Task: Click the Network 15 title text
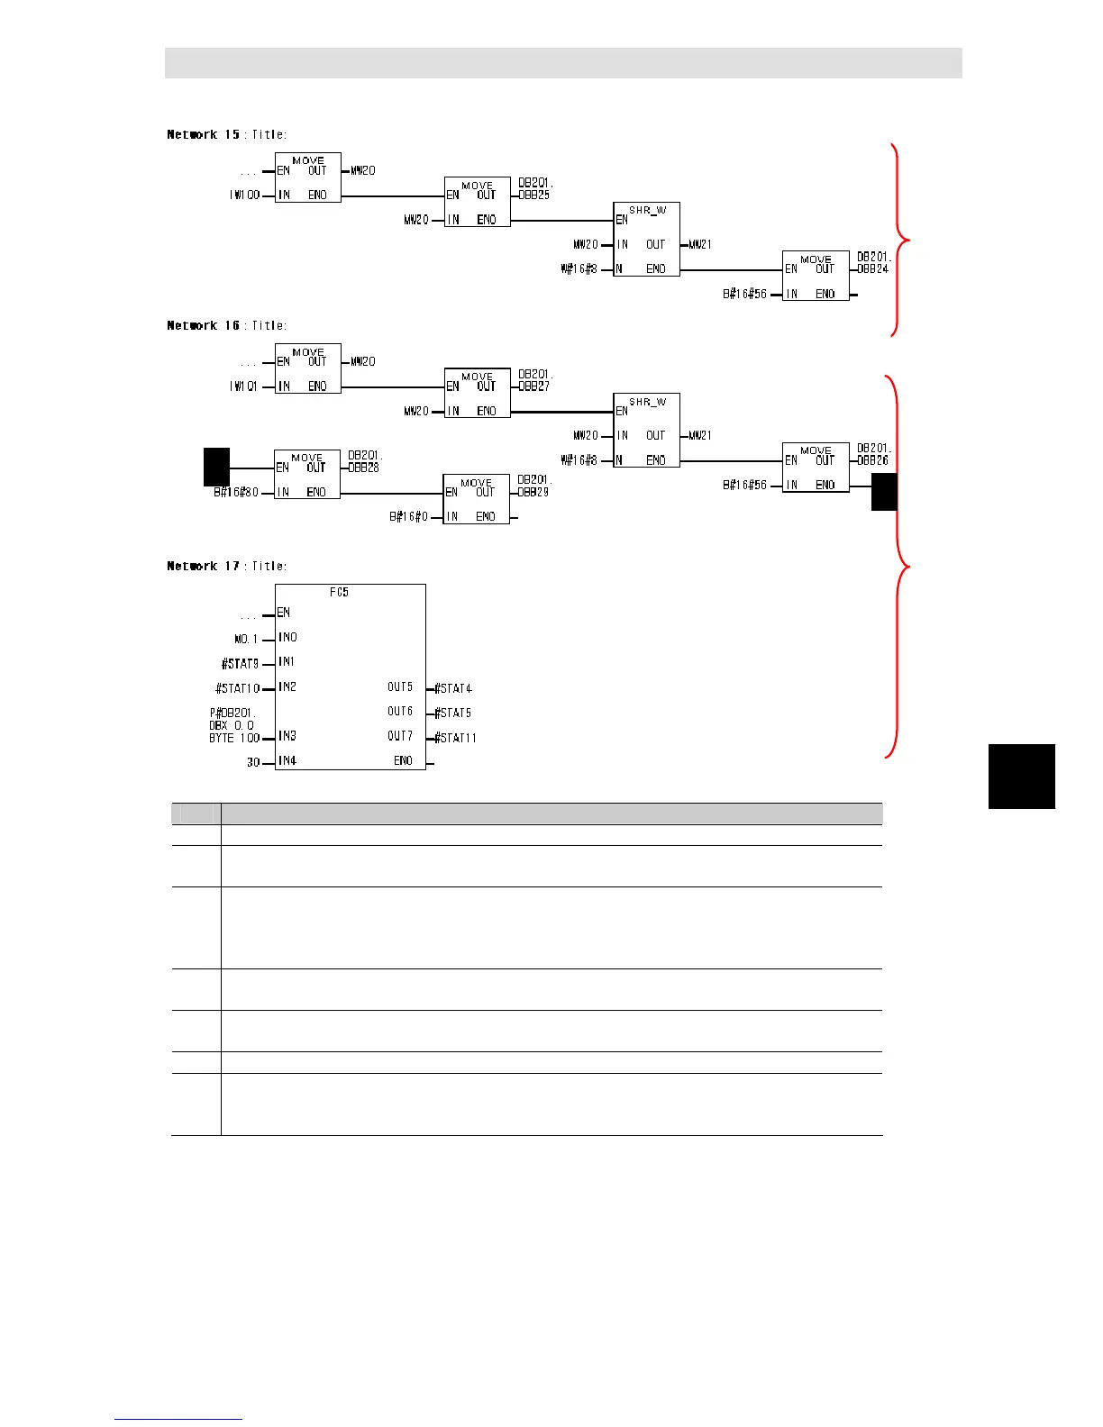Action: point(226,134)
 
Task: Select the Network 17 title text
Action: point(226,566)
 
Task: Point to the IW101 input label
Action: point(243,386)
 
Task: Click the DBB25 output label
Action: point(534,195)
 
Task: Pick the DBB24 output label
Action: point(873,268)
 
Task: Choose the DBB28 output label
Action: point(365,468)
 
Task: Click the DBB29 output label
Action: point(533,492)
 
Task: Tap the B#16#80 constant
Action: point(236,493)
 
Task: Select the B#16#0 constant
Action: point(408,517)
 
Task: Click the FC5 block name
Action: point(339,592)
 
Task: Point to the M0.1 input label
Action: point(246,639)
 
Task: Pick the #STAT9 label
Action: point(241,663)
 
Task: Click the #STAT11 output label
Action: point(455,738)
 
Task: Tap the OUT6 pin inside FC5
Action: point(400,712)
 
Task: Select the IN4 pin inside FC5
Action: point(287,760)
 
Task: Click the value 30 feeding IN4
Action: point(253,762)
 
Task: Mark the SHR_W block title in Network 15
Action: point(647,210)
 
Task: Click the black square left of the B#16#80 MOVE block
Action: point(216,468)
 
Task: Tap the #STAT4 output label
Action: point(453,688)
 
